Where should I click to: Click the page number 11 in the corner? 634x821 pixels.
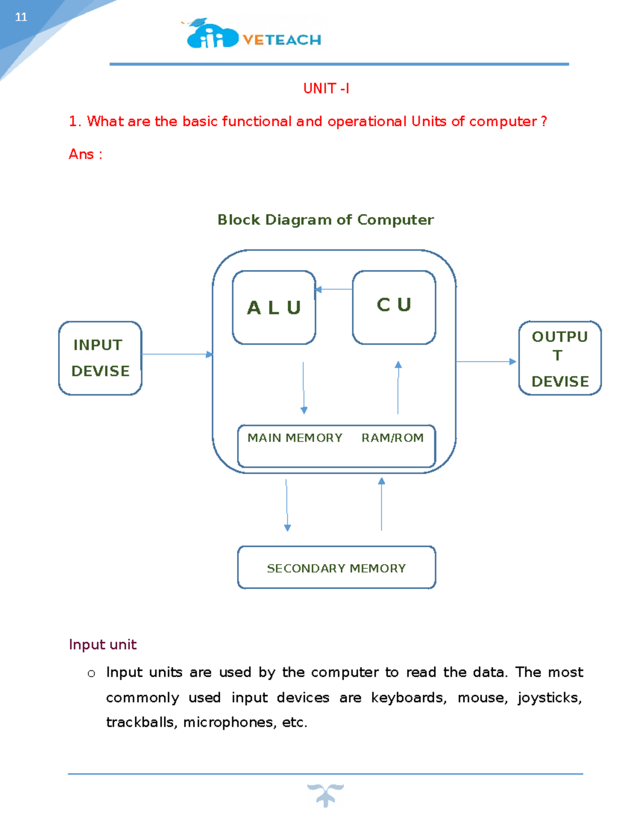[x=21, y=17]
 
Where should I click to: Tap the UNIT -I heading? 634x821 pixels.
[x=326, y=88]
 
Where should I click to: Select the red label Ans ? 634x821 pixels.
[x=85, y=154]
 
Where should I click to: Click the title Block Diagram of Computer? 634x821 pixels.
[x=325, y=220]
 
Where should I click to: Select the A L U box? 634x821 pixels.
[x=274, y=307]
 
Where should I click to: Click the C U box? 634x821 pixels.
[x=394, y=307]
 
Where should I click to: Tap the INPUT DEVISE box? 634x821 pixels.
[x=100, y=358]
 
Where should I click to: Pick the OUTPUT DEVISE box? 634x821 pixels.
[x=560, y=358]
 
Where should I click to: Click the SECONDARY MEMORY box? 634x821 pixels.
[x=337, y=568]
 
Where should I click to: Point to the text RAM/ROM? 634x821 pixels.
[x=392, y=438]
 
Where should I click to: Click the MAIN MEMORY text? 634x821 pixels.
[x=295, y=438]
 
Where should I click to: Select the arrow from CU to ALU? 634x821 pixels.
[x=334, y=289]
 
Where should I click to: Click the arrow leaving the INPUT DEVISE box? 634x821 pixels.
[x=177, y=354]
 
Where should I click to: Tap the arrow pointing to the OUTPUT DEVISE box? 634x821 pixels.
[x=486, y=362]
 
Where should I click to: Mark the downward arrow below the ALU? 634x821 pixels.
[x=303, y=388]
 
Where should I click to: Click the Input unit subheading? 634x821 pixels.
[x=102, y=644]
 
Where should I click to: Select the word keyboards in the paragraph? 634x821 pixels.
[x=408, y=698]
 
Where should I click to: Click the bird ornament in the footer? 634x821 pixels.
[x=325, y=795]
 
